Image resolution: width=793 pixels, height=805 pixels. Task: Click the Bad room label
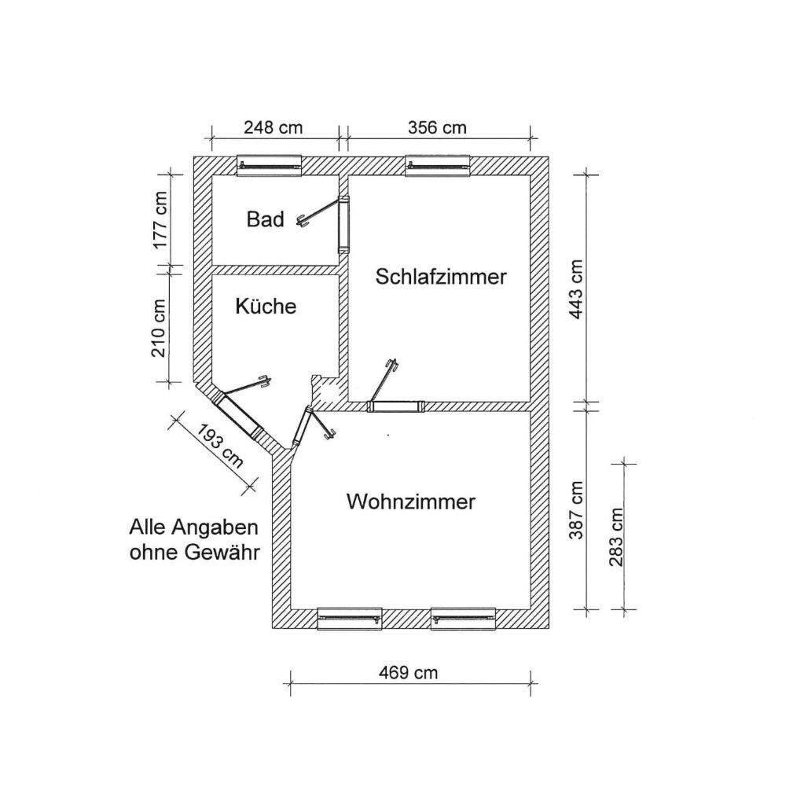coord(265,219)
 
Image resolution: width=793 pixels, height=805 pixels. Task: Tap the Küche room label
coord(266,306)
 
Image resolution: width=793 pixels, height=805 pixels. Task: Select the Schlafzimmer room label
coord(440,277)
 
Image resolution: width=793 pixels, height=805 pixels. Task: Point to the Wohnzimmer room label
coord(411,502)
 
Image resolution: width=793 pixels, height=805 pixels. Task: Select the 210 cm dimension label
coord(161,327)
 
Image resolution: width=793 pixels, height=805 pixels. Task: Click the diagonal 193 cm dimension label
coord(220,445)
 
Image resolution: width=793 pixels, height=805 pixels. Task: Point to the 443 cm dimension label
coord(578,289)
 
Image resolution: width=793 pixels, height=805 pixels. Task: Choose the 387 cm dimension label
coord(578,509)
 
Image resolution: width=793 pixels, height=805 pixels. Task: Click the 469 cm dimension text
coord(408,672)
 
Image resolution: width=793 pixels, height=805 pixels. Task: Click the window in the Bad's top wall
coord(270,165)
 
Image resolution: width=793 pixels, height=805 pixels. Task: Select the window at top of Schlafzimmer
coord(438,165)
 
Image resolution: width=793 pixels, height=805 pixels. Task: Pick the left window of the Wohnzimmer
coord(349,619)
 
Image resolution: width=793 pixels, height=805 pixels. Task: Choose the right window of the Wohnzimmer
coord(464,619)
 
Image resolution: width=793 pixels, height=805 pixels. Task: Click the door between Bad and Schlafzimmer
coord(343,224)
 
